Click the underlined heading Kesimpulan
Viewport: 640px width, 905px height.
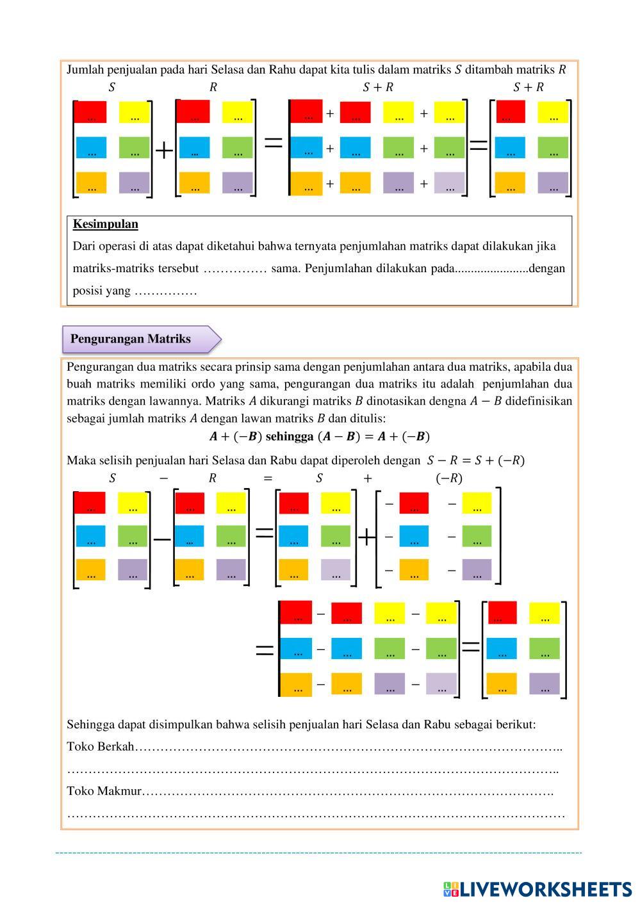[105, 224]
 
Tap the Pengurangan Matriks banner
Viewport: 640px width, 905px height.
[131, 339]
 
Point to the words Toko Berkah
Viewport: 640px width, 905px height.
[101, 746]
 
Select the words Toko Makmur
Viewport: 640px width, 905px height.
[104, 791]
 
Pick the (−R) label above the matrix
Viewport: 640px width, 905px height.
[448, 478]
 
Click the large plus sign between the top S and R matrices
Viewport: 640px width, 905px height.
[164, 151]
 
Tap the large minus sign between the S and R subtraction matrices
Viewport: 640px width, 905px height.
[162, 539]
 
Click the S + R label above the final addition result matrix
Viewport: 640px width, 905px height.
[528, 87]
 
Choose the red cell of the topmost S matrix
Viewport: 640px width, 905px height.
[90, 113]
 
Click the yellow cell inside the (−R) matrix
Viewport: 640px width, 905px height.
[476, 503]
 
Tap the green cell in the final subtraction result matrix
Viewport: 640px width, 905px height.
[544, 649]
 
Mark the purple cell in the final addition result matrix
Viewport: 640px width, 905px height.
[553, 183]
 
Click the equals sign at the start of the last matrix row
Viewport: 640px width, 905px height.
[264, 651]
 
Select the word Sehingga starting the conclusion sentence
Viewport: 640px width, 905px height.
[90, 724]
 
